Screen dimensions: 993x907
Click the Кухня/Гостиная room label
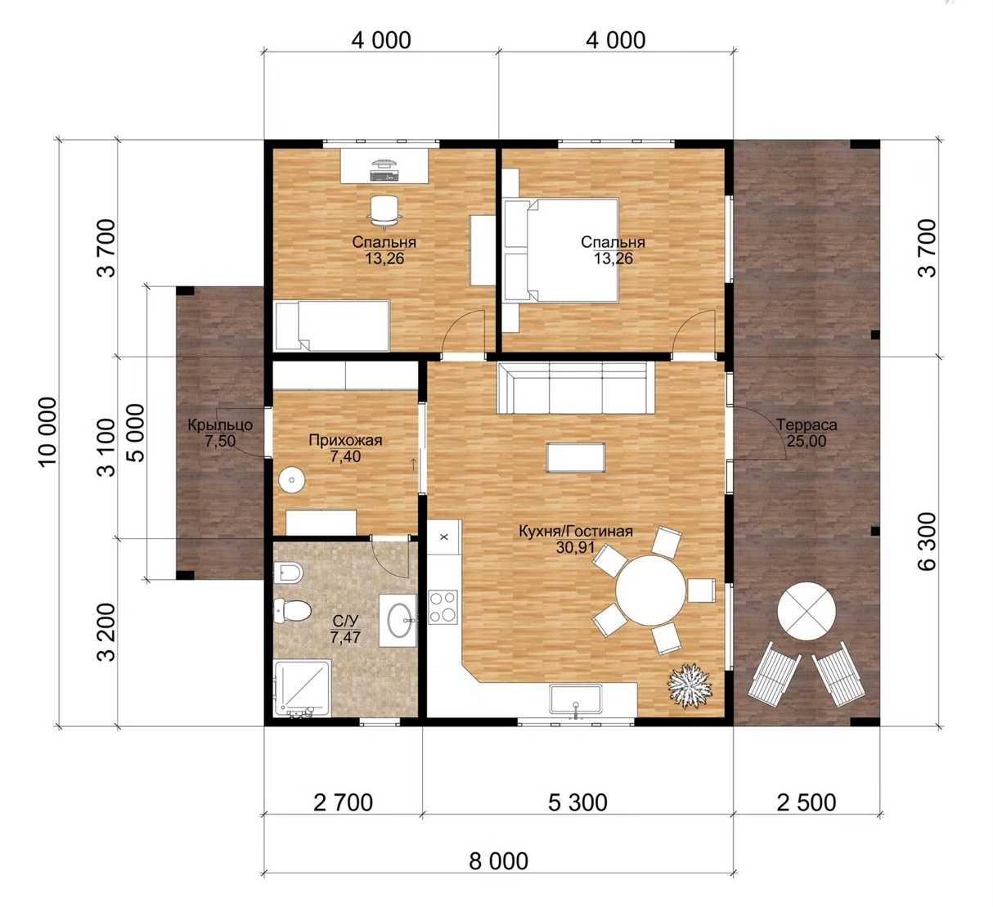pos(576,532)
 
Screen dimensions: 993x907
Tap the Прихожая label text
pos(345,440)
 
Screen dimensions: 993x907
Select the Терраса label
pos(807,424)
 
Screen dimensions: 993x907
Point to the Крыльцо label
pos(220,424)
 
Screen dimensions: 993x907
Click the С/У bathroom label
pos(345,621)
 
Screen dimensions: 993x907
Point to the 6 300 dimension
pos(928,541)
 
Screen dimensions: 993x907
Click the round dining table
pos(650,590)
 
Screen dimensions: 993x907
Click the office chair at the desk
pos(384,210)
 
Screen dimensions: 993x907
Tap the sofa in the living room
pos(577,388)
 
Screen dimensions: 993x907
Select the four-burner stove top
pos(443,607)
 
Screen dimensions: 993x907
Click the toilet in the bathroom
pos(292,610)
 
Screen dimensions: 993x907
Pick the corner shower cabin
pos(302,688)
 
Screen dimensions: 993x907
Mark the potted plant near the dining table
pos(690,685)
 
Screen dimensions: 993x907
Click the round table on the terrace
pos(807,612)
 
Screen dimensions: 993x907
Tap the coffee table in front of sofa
pos(576,457)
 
